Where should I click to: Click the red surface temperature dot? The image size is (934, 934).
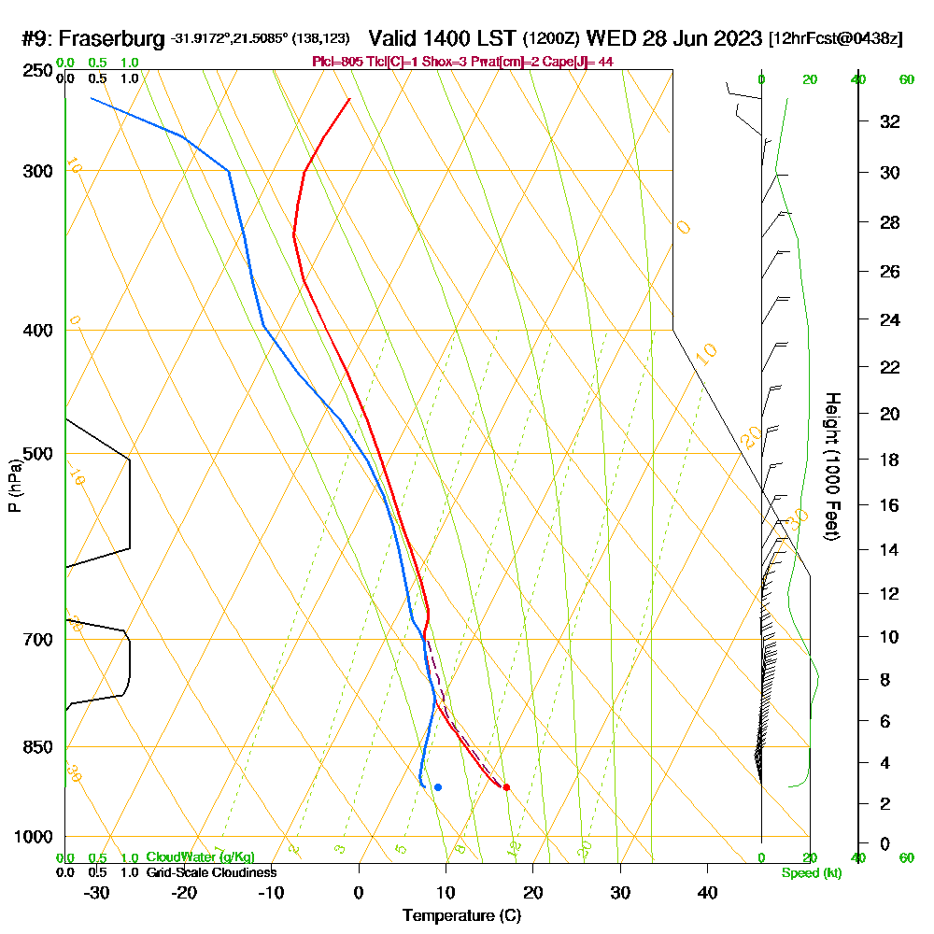click(506, 786)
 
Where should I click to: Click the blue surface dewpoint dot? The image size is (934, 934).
click(437, 786)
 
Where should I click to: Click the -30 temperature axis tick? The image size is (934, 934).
click(97, 893)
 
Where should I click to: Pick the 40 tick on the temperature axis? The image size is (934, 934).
click(707, 893)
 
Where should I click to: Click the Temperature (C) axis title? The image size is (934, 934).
click(462, 916)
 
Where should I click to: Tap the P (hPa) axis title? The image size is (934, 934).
click(14, 486)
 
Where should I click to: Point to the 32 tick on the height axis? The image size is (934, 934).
click(889, 121)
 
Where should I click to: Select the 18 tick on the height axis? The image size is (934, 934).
click(889, 460)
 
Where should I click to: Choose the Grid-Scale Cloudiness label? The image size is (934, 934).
click(211, 872)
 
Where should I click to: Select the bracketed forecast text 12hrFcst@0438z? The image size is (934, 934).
click(835, 39)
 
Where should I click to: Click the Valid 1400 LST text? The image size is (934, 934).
click(443, 38)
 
